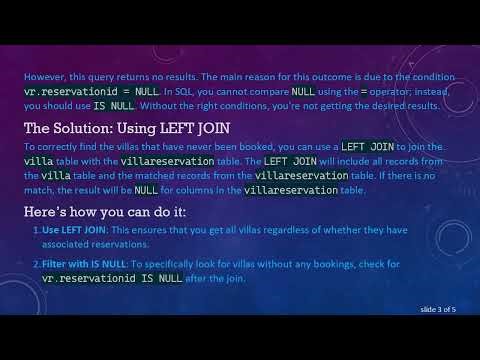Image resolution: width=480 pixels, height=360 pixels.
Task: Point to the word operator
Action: point(388,89)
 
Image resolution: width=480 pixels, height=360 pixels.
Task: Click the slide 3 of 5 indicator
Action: point(436,310)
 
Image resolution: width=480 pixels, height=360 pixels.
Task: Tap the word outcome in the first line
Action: point(340,73)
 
